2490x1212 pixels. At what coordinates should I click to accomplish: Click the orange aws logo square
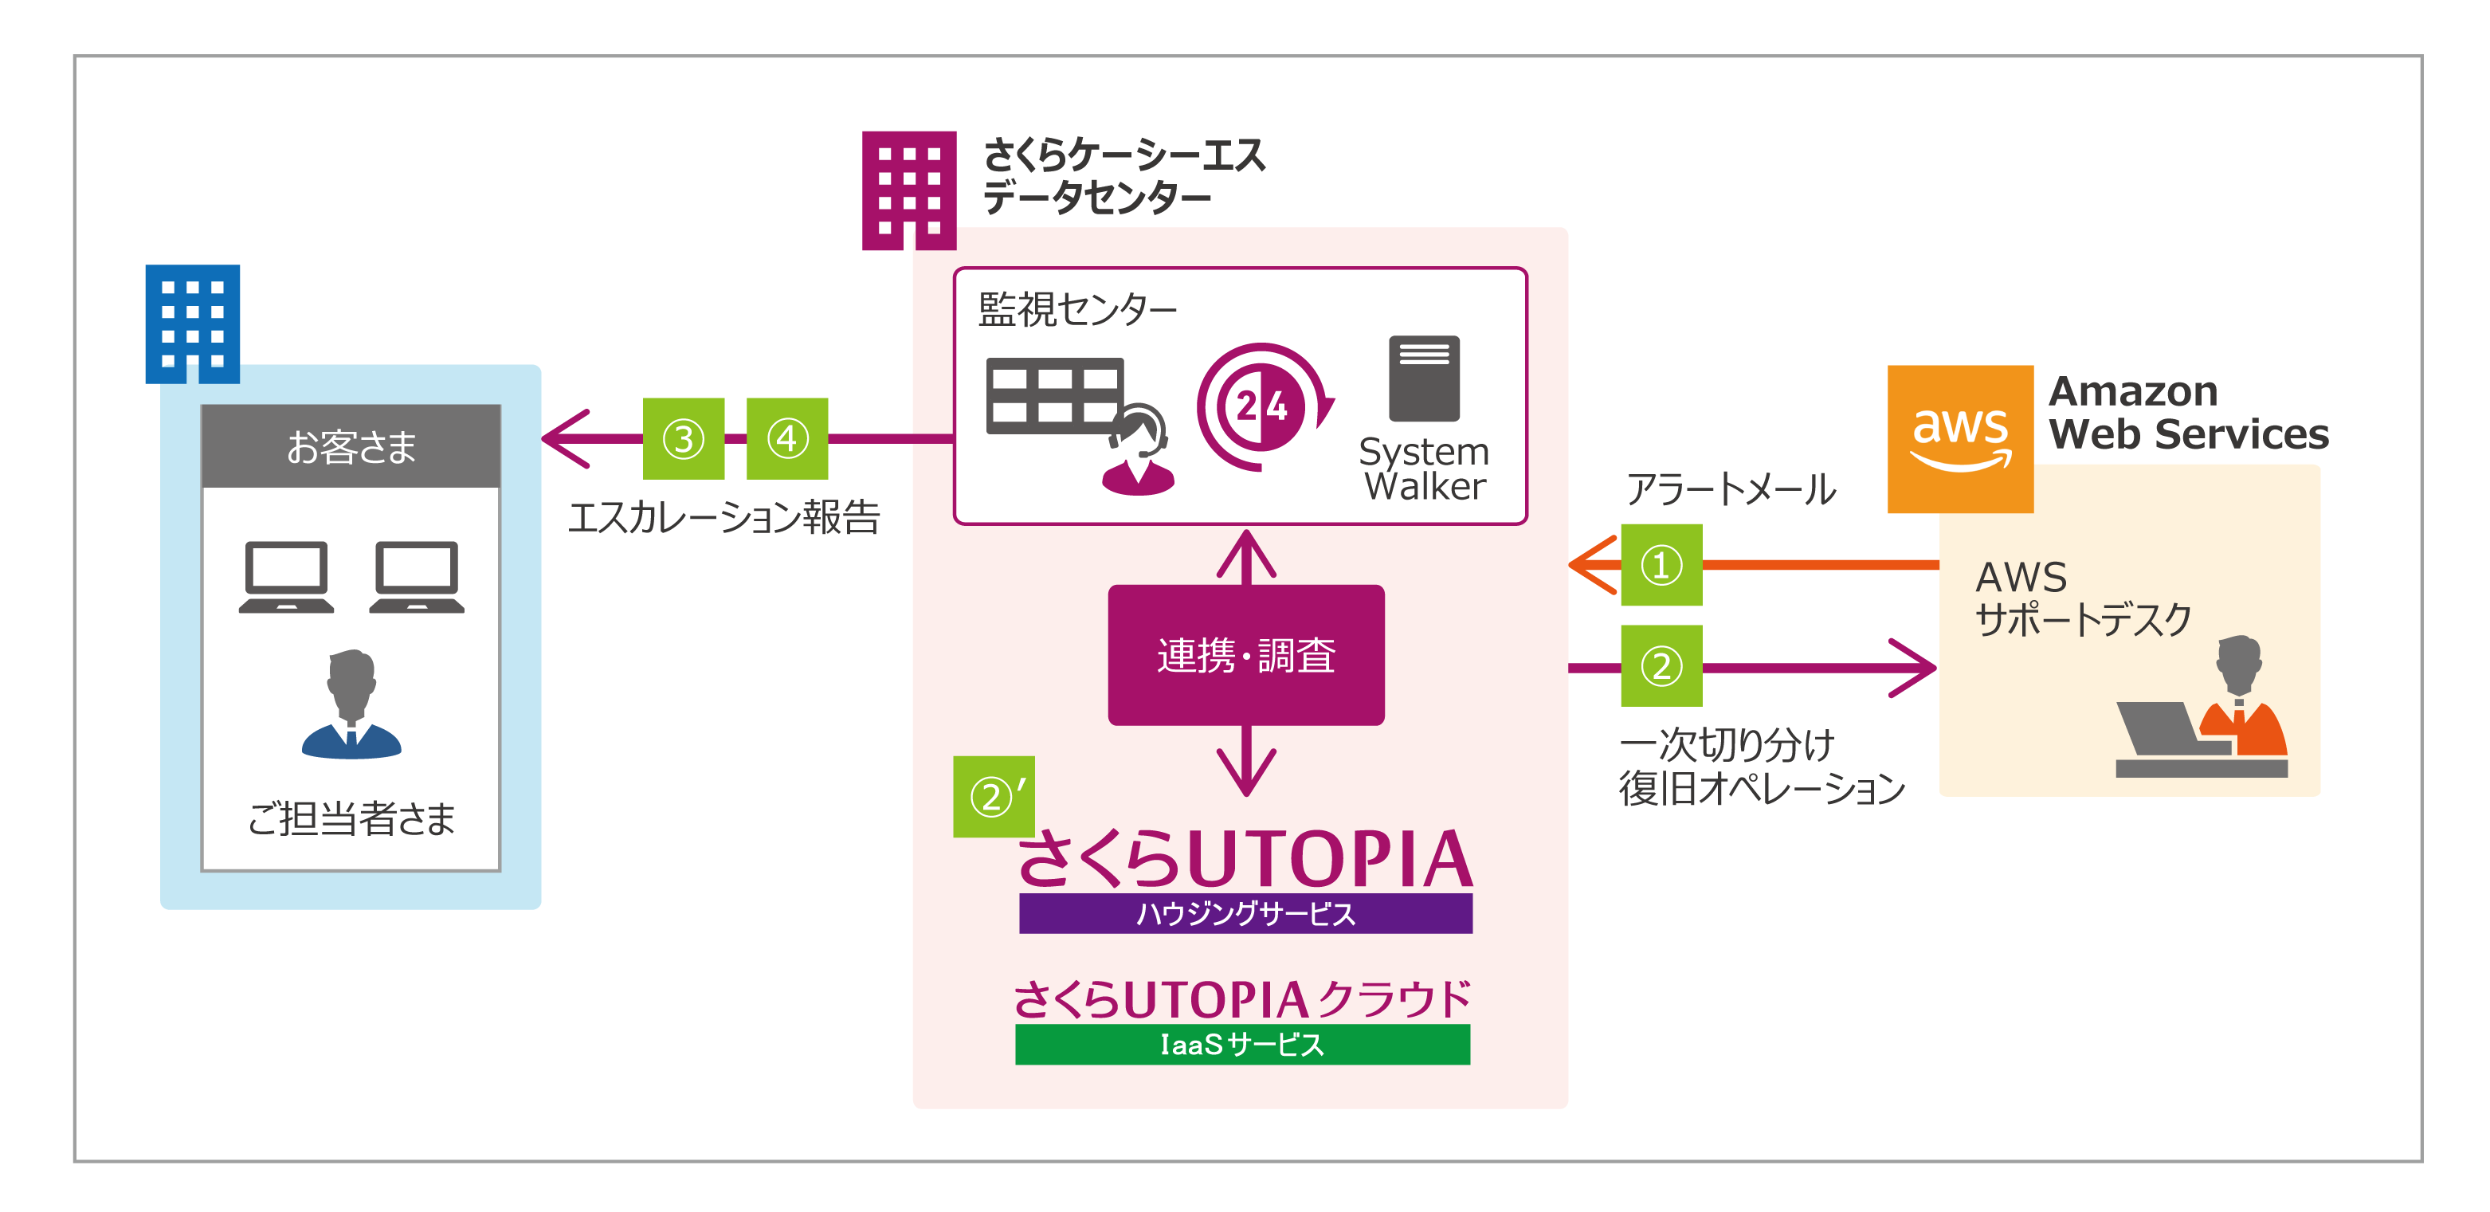coord(1959,439)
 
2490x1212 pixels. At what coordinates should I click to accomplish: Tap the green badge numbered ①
coord(1661,566)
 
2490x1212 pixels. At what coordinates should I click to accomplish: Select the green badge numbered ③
coord(684,439)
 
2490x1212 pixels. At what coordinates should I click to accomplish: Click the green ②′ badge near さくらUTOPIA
coord(993,796)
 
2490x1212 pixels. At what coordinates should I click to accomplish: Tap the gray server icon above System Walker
coord(1423,379)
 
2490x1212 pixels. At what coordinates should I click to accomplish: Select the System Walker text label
coord(1424,469)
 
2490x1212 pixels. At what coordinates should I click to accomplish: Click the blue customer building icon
coord(192,324)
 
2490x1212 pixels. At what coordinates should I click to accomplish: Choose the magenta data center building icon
coord(908,190)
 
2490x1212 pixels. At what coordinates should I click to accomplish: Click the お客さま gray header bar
coord(351,446)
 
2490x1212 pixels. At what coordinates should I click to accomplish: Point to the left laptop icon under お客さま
coord(286,577)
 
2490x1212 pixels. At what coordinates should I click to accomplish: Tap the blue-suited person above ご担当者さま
coord(351,704)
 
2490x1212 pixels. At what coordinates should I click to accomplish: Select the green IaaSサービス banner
coord(1242,1045)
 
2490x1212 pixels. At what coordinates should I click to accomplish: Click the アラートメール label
coord(1730,489)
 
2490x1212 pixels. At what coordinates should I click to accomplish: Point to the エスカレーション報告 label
coord(724,517)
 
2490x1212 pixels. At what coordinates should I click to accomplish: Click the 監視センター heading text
coord(1076,310)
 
